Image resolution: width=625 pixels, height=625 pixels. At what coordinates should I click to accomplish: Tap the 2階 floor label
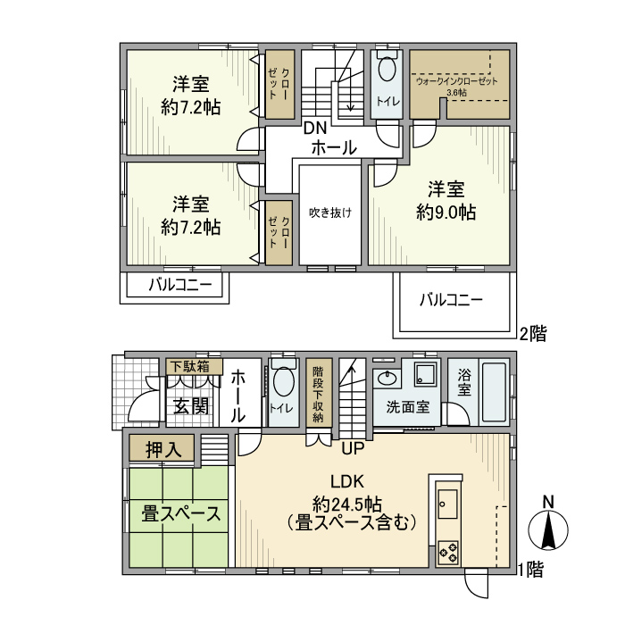(x=533, y=335)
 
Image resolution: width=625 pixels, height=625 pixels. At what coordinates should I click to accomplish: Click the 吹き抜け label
(x=329, y=212)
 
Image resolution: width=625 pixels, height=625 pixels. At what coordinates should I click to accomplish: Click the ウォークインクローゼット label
(x=455, y=80)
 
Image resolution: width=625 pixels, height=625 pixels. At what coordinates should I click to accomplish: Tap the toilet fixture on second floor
(x=387, y=71)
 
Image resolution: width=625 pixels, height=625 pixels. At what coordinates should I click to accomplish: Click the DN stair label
(x=313, y=128)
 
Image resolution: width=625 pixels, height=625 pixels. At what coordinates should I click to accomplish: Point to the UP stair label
(x=352, y=446)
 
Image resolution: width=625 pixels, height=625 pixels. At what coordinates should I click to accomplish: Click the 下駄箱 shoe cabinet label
(x=189, y=366)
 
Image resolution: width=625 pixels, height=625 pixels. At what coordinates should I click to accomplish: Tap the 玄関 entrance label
(x=190, y=406)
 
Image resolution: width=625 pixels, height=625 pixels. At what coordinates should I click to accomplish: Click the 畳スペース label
(x=181, y=514)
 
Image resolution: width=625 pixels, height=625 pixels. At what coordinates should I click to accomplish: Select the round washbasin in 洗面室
(x=387, y=379)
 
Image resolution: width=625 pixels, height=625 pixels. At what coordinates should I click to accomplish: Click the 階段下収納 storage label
(x=318, y=393)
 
